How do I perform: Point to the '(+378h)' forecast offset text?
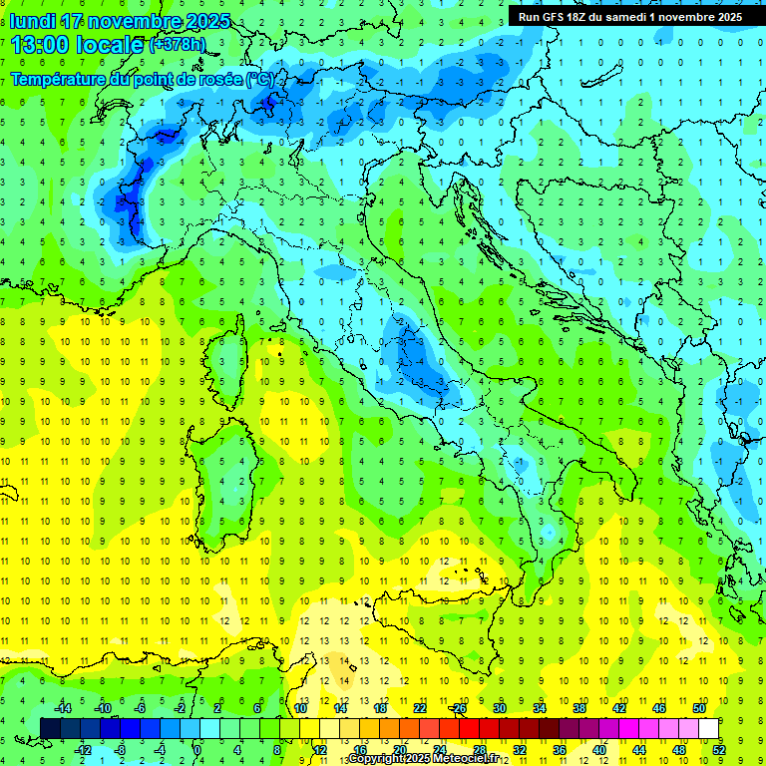(x=177, y=44)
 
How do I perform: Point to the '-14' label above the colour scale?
(x=62, y=708)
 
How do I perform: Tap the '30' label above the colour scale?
(x=500, y=708)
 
